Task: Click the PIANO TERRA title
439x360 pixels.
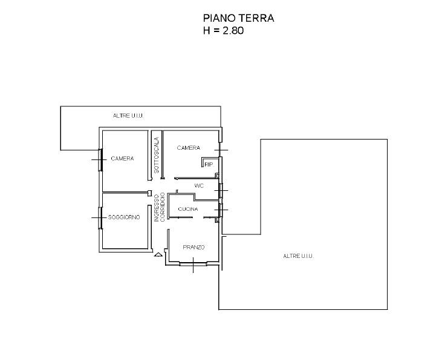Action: [238, 18]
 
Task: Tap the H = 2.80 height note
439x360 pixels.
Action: [223, 30]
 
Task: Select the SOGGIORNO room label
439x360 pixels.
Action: [124, 217]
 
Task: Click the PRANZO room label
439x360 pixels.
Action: [193, 247]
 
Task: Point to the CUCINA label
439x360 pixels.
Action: [188, 209]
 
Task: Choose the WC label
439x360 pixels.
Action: [199, 185]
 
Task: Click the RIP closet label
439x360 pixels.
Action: [209, 164]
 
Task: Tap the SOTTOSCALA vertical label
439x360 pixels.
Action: [157, 155]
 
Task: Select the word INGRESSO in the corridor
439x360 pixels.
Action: [157, 208]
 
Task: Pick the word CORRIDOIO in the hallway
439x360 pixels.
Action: [163, 207]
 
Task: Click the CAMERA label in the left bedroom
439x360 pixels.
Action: [122, 159]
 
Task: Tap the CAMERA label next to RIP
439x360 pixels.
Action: [189, 148]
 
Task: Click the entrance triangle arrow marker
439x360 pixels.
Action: [158, 254]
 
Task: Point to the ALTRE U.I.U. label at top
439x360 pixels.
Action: [129, 115]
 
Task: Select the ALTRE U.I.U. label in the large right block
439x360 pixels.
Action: [299, 256]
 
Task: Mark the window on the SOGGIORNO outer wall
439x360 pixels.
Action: [100, 218]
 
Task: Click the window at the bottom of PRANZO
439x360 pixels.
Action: [193, 263]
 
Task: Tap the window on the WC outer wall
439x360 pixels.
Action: [221, 190]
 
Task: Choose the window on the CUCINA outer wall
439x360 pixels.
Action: [221, 210]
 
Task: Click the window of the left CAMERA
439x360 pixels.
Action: [100, 159]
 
